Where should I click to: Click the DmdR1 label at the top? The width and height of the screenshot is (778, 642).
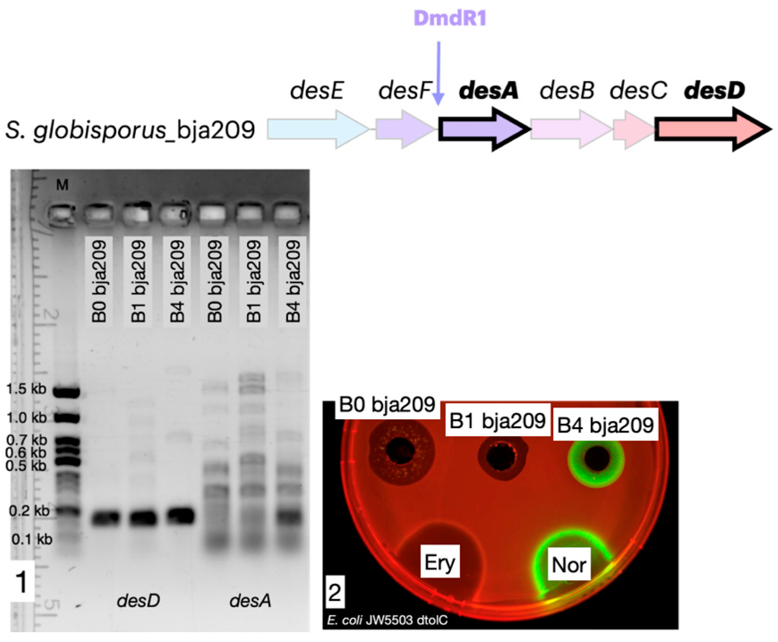pyautogui.click(x=450, y=18)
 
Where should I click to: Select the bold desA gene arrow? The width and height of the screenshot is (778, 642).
pyautogui.click(x=484, y=129)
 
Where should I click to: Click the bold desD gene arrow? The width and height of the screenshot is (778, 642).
pyautogui.click(x=711, y=129)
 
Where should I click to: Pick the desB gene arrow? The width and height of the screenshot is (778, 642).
pyautogui.click(x=570, y=129)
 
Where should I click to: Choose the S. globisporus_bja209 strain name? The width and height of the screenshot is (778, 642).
pyautogui.click(x=130, y=130)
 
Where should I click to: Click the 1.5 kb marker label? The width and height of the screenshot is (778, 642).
pyautogui.click(x=26, y=389)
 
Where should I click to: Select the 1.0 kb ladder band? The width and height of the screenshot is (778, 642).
pyautogui.click(x=66, y=418)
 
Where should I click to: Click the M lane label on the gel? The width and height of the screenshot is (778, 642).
pyautogui.click(x=62, y=184)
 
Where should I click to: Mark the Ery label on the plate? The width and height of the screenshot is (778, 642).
pyautogui.click(x=440, y=562)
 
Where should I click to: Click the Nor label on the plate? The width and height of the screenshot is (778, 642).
pyautogui.click(x=569, y=565)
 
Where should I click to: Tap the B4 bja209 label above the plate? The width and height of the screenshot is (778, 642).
pyautogui.click(x=605, y=425)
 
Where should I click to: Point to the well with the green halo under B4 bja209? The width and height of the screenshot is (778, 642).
pyautogui.click(x=596, y=459)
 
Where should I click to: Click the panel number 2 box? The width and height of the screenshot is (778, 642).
pyautogui.click(x=335, y=593)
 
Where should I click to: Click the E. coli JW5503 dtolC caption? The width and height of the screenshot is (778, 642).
pyautogui.click(x=387, y=620)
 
